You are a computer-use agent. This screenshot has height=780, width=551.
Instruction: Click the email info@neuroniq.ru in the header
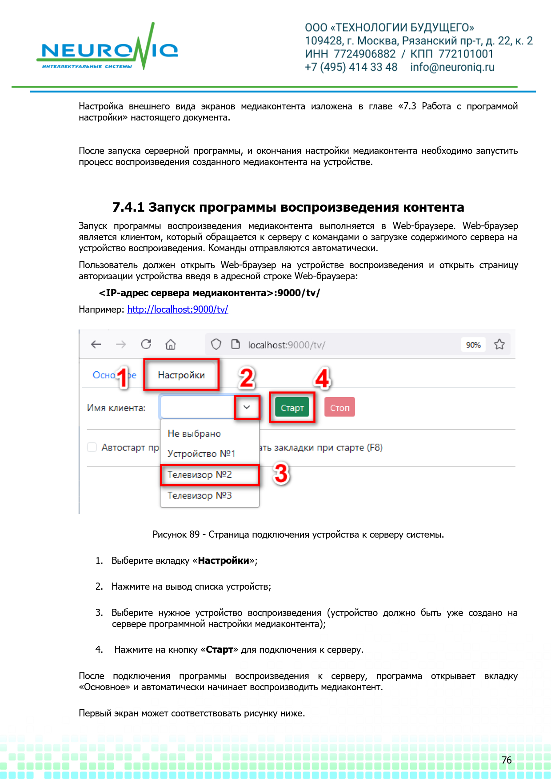point(452,67)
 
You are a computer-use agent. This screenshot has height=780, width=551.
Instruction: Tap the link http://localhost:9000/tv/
point(178,310)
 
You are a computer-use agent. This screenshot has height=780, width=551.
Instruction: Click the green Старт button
point(292,408)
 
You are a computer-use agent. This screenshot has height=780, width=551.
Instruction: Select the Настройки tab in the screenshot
point(181,375)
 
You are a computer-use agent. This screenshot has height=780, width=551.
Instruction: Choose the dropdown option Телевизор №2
point(200,475)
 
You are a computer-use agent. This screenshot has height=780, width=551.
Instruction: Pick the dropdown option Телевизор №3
point(200,495)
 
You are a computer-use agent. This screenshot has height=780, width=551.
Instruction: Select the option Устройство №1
point(201,454)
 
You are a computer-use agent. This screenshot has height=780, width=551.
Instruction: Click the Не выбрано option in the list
point(194,434)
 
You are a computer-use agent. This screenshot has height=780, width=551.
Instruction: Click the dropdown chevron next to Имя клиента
point(247,407)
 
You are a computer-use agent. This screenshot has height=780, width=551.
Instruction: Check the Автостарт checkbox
point(92,447)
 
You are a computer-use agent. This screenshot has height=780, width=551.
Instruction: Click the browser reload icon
point(146,345)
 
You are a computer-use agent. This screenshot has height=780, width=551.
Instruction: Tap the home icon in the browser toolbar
point(171,345)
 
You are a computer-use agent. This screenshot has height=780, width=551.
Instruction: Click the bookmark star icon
point(499,345)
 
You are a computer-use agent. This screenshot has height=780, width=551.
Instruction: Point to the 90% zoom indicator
point(473,345)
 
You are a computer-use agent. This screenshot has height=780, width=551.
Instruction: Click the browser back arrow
point(96,345)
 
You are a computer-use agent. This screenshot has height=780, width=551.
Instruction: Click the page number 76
point(507,760)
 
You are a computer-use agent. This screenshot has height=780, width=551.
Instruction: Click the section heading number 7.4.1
point(128,208)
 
